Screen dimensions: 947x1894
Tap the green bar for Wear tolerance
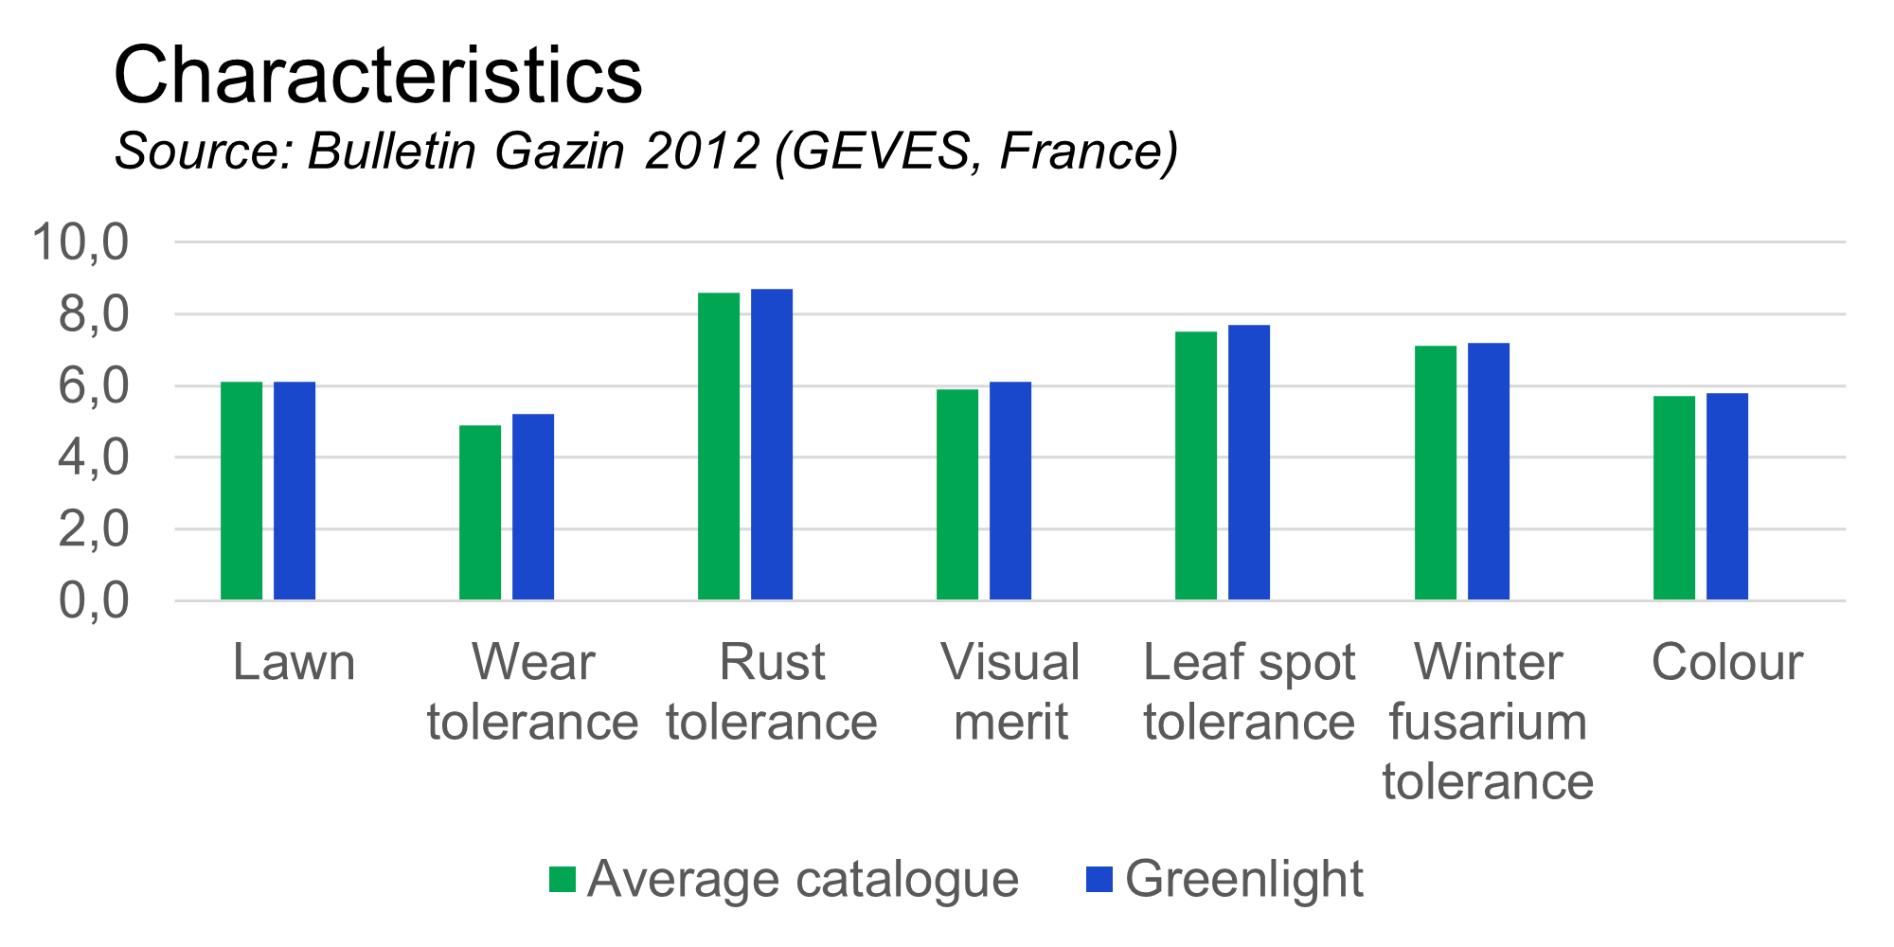(480, 512)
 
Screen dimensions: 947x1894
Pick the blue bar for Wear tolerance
(533, 507)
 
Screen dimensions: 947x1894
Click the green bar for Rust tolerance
(719, 446)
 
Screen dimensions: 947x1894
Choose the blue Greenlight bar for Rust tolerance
(772, 444)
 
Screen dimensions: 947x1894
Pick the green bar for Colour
(1674, 498)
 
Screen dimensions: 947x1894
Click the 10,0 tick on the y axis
(80, 242)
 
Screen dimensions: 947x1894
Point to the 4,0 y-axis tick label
(93, 458)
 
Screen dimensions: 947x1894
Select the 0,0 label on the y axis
(93, 601)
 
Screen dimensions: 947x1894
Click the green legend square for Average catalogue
(563, 879)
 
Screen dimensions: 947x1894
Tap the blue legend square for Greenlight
(1099, 879)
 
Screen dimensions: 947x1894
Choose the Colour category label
(1726, 662)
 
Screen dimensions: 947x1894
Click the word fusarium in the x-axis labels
(1488, 723)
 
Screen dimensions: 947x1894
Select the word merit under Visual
(1010, 723)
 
